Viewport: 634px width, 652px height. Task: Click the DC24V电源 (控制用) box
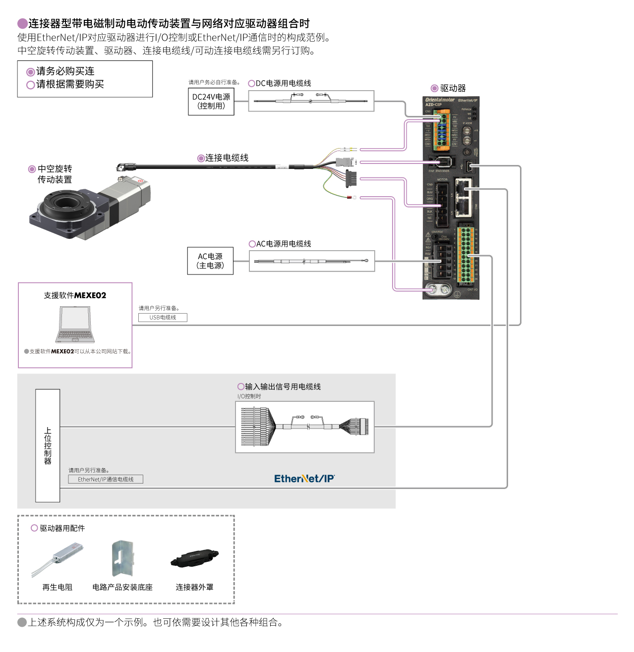211,102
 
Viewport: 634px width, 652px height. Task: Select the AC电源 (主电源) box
210,261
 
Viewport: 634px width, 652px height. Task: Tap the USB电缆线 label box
163,318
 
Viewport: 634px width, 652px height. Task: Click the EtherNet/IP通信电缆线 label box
106,479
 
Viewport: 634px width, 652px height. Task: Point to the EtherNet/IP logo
304,479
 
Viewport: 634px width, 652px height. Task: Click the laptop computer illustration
75,325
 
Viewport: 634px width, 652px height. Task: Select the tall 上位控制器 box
48,445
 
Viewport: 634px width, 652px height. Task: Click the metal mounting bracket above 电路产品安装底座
122,558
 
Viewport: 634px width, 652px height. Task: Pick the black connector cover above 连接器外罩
194,558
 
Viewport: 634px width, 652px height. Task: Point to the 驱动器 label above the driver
453,88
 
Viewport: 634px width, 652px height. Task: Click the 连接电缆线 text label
227,158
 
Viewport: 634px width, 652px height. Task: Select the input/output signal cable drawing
304,427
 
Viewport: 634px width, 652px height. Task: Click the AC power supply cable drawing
311,261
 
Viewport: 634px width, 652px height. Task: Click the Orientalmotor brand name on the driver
439,100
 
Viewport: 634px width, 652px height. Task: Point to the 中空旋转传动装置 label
55,174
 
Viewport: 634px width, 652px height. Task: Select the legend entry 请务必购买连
65,71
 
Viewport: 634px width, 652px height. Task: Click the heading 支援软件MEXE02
75,295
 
